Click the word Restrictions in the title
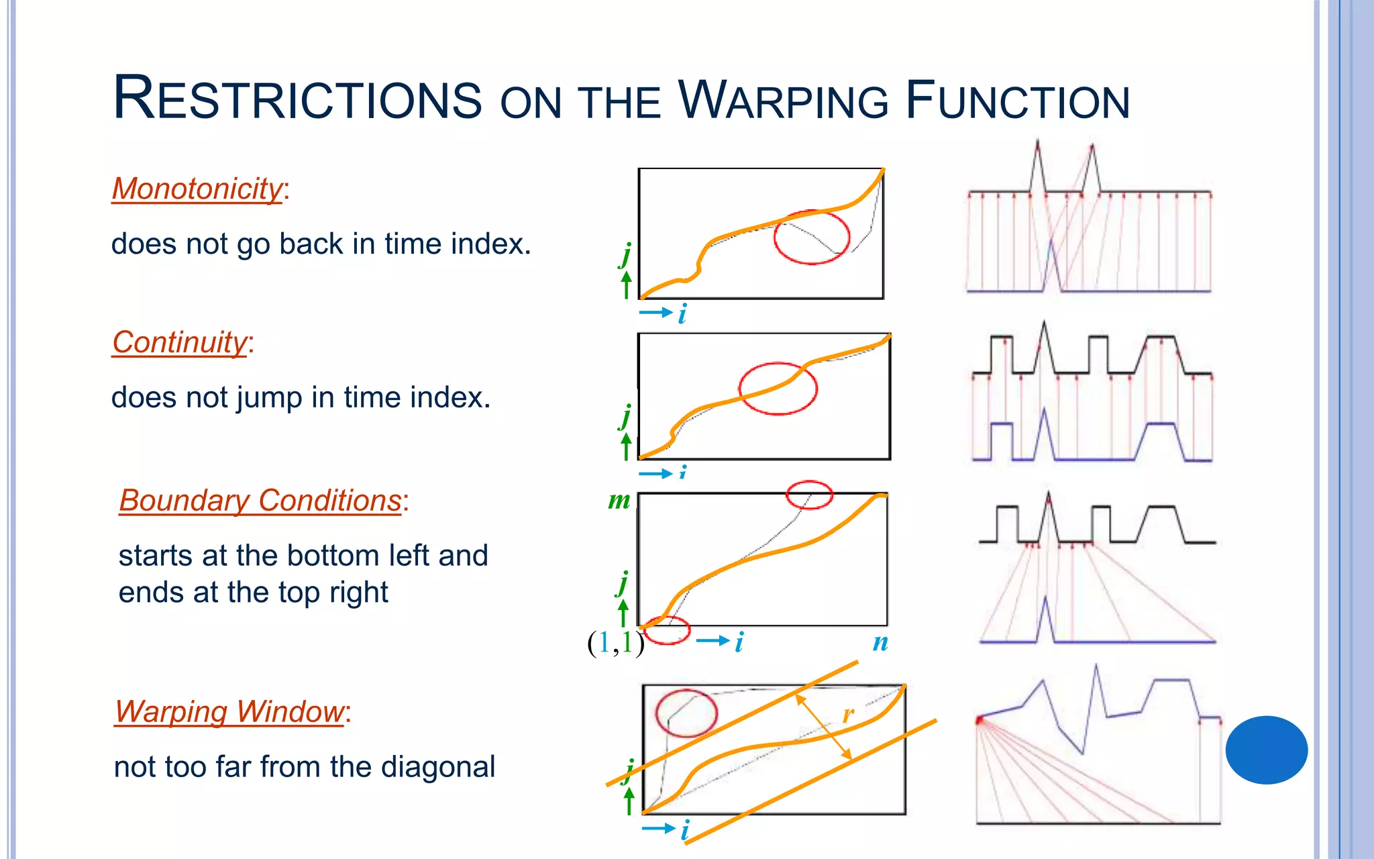(297, 99)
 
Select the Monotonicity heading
(197, 189)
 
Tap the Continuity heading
(180, 342)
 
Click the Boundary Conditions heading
(260, 501)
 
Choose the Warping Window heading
(229, 711)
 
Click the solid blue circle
(1266, 750)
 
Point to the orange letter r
(848, 715)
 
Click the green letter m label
(619, 501)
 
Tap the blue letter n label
(880, 642)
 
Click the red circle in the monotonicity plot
(812, 237)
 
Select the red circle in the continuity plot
(778, 389)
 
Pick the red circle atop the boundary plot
(809, 495)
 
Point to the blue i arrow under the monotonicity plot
(656, 313)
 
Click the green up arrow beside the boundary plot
(623, 613)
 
